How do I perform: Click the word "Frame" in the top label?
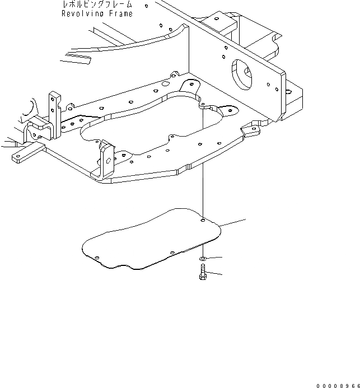pyautogui.click(x=120, y=13)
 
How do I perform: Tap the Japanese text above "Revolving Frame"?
pyautogui.click(x=97, y=4)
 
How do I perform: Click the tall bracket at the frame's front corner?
pyautogui.click(x=106, y=160)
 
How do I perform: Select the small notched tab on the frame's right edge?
pyautogui.click(x=251, y=131)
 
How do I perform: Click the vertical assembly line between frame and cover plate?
pyautogui.click(x=201, y=190)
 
